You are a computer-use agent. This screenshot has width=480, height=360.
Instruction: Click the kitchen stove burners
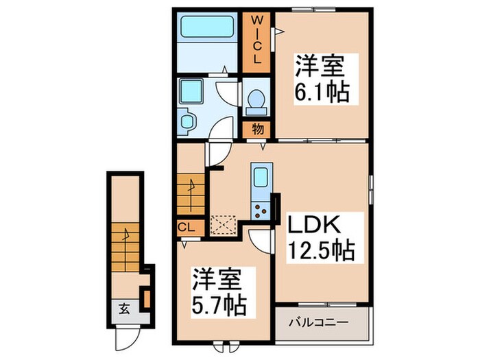pyautogui.click(x=261, y=208)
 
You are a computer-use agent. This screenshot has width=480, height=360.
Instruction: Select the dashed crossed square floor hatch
pyautogui.click(x=224, y=225)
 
